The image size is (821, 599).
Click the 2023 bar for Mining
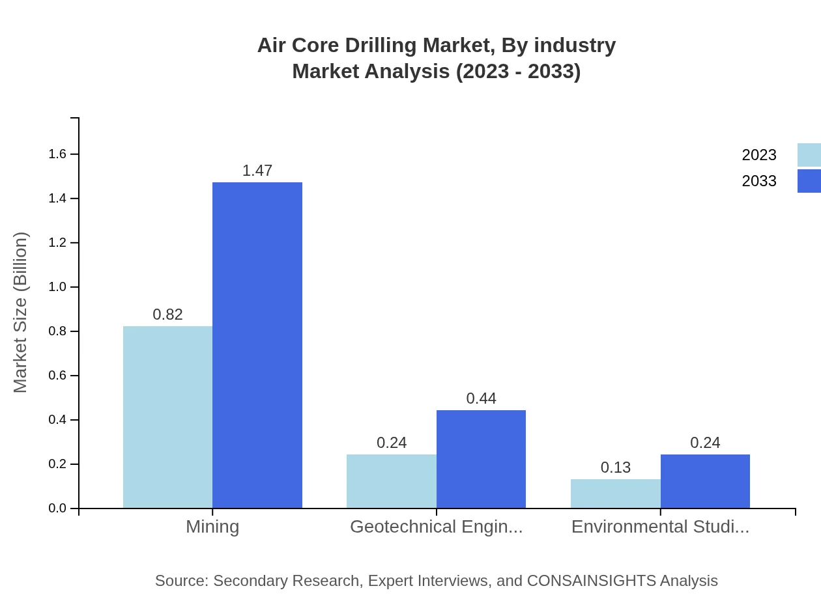[167, 417]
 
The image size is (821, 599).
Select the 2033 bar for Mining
[257, 345]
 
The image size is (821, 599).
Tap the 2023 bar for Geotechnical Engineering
[392, 481]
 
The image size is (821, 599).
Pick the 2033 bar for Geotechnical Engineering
[481, 459]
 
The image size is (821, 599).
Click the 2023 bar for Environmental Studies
[616, 494]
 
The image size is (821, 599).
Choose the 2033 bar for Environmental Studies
[705, 481]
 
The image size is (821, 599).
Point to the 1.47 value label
[257, 171]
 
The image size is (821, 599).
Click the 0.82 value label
[167, 314]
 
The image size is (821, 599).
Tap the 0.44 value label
[481, 398]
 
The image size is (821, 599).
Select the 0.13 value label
[616, 467]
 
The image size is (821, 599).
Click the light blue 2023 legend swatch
[809, 155]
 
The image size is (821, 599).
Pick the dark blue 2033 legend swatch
[809, 181]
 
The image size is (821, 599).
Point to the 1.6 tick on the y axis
[58, 154]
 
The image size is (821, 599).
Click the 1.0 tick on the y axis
[58, 287]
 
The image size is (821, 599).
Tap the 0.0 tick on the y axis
[58, 508]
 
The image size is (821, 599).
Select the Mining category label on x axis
[212, 526]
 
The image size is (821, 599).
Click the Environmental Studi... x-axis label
[660, 526]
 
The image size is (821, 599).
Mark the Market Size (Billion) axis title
[21, 313]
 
